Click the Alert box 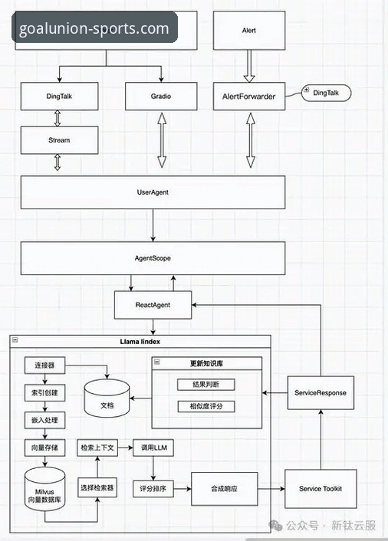click(249, 31)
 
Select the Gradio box click(161, 97)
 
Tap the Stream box click(59, 140)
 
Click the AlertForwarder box click(249, 97)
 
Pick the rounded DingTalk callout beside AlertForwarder click(326, 93)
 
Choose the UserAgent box click(153, 192)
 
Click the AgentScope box click(153, 258)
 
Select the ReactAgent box click(153, 305)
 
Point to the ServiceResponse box click(321, 392)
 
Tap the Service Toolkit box click(321, 489)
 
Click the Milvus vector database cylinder click(45, 490)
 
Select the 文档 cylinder click(107, 398)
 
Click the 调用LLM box click(153, 448)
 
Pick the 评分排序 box click(153, 489)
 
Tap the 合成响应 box click(225, 489)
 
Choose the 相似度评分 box click(206, 406)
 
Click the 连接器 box click(45, 365)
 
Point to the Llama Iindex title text click(140, 342)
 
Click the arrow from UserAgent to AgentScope click(153, 225)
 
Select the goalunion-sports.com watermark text click(94, 28)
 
